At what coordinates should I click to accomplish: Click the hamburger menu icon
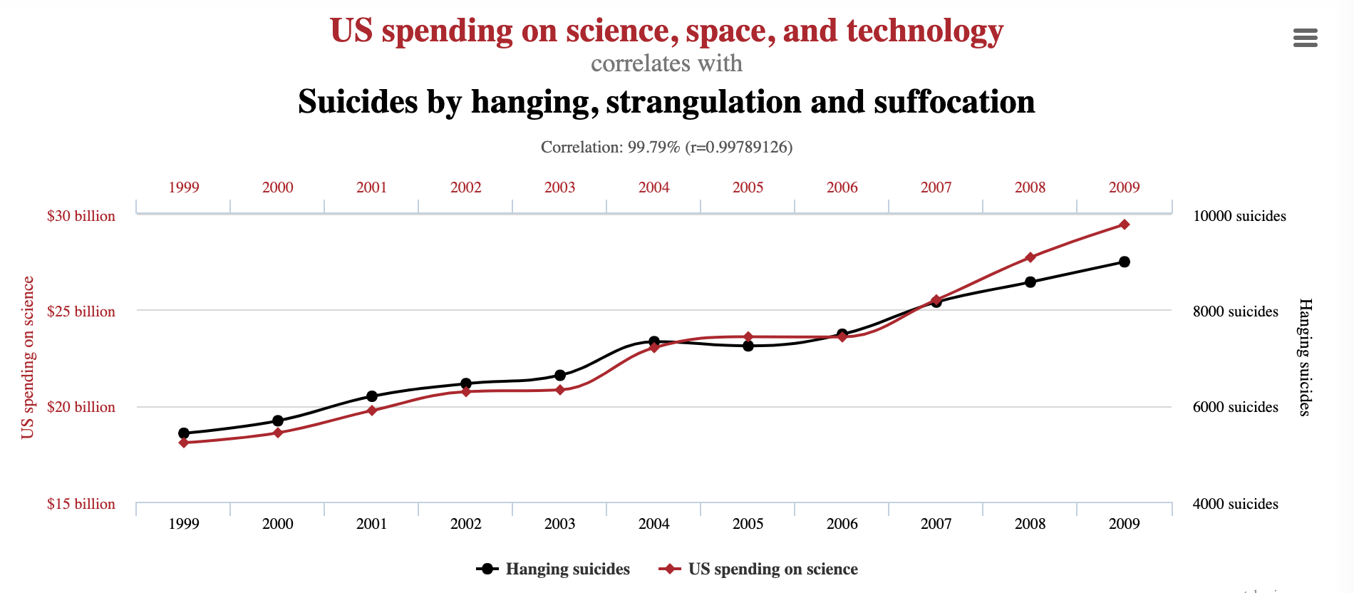point(1305,38)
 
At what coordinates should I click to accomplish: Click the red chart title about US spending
point(666,31)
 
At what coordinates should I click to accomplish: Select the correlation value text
point(666,147)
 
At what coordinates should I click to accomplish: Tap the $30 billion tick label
point(81,216)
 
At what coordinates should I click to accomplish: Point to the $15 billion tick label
point(81,504)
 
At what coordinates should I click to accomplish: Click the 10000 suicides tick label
point(1239,216)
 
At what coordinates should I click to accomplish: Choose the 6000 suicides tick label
point(1235,407)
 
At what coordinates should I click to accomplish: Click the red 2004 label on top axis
point(653,187)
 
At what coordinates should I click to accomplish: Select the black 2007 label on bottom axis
point(936,524)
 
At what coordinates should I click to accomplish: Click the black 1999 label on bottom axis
point(184,524)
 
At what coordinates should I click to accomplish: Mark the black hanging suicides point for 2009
point(1124,262)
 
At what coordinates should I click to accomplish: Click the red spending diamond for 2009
point(1124,225)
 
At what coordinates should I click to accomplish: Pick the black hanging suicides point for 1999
point(184,433)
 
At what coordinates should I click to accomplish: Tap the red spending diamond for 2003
point(560,390)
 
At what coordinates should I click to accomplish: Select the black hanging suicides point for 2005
point(748,346)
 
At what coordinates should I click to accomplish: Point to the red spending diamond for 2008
point(1030,257)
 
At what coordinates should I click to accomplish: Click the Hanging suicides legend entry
point(554,569)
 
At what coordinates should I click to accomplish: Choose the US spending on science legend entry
point(759,569)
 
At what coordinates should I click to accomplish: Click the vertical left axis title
point(28,358)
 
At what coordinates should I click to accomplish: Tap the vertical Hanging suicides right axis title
point(1305,358)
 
